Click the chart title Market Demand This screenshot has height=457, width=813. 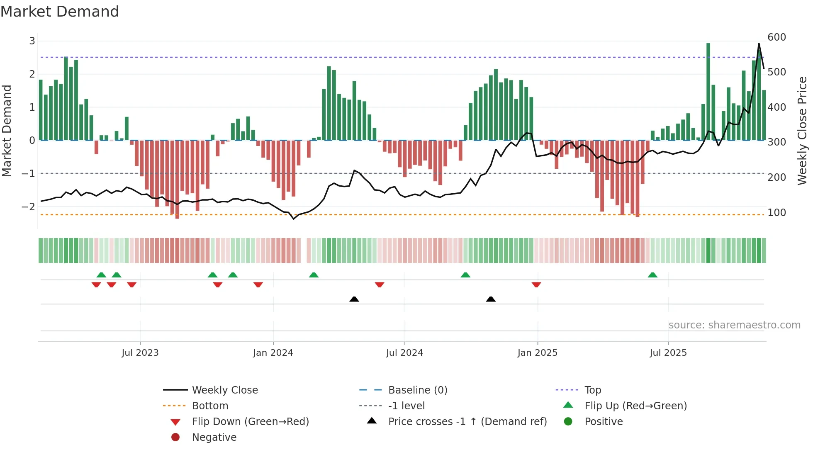(60, 12)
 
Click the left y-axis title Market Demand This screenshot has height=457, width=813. (7, 131)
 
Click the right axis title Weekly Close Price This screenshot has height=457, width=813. (802, 131)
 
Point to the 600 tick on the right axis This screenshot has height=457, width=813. (776, 37)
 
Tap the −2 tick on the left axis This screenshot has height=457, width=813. (28, 207)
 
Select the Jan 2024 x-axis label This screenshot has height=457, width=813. (273, 353)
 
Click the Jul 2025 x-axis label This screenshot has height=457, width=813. (668, 353)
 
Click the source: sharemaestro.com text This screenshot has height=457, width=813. (734, 325)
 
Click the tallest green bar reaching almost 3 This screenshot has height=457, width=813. (708, 91)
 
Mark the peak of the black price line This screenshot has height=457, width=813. (759, 44)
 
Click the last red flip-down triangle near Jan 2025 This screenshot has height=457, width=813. (536, 285)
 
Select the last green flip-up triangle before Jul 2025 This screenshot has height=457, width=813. (652, 275)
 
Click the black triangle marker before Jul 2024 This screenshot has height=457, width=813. (354, 299)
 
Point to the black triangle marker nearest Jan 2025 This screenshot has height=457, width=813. (491, 299)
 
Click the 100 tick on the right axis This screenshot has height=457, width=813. (776, 213)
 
